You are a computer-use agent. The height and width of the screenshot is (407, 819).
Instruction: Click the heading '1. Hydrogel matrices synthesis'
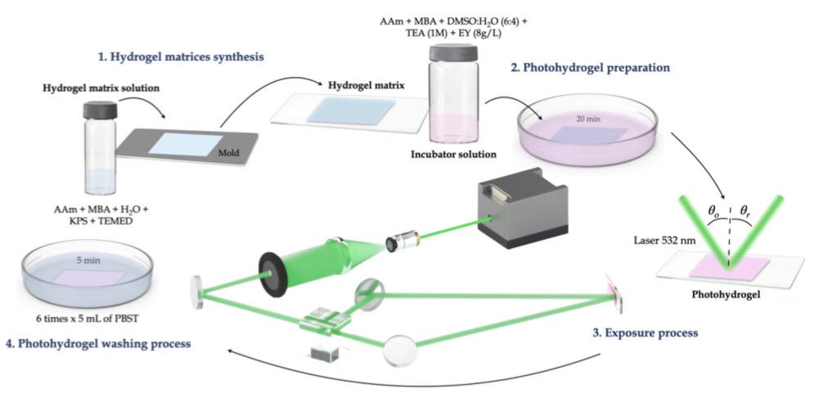[180, 58]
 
